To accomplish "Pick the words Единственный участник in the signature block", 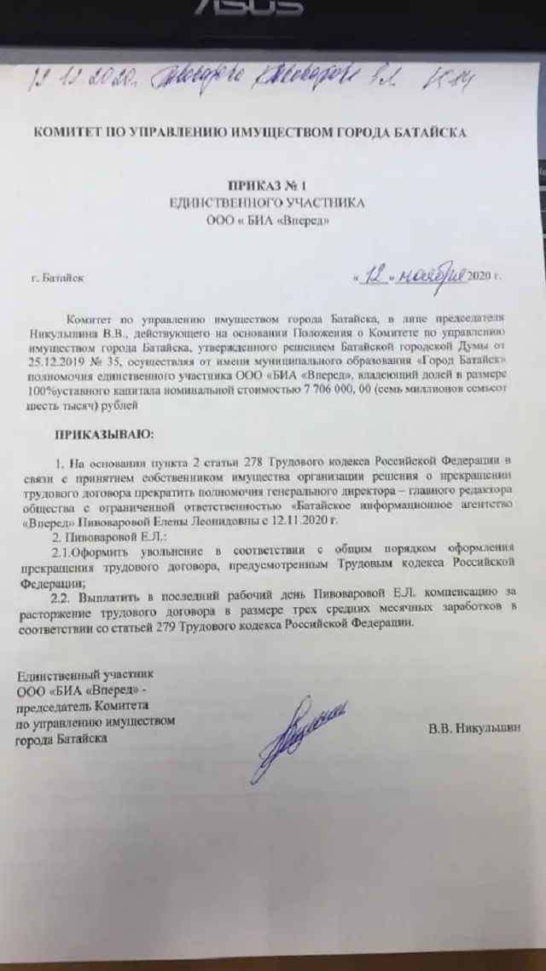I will (x=72, y=676).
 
